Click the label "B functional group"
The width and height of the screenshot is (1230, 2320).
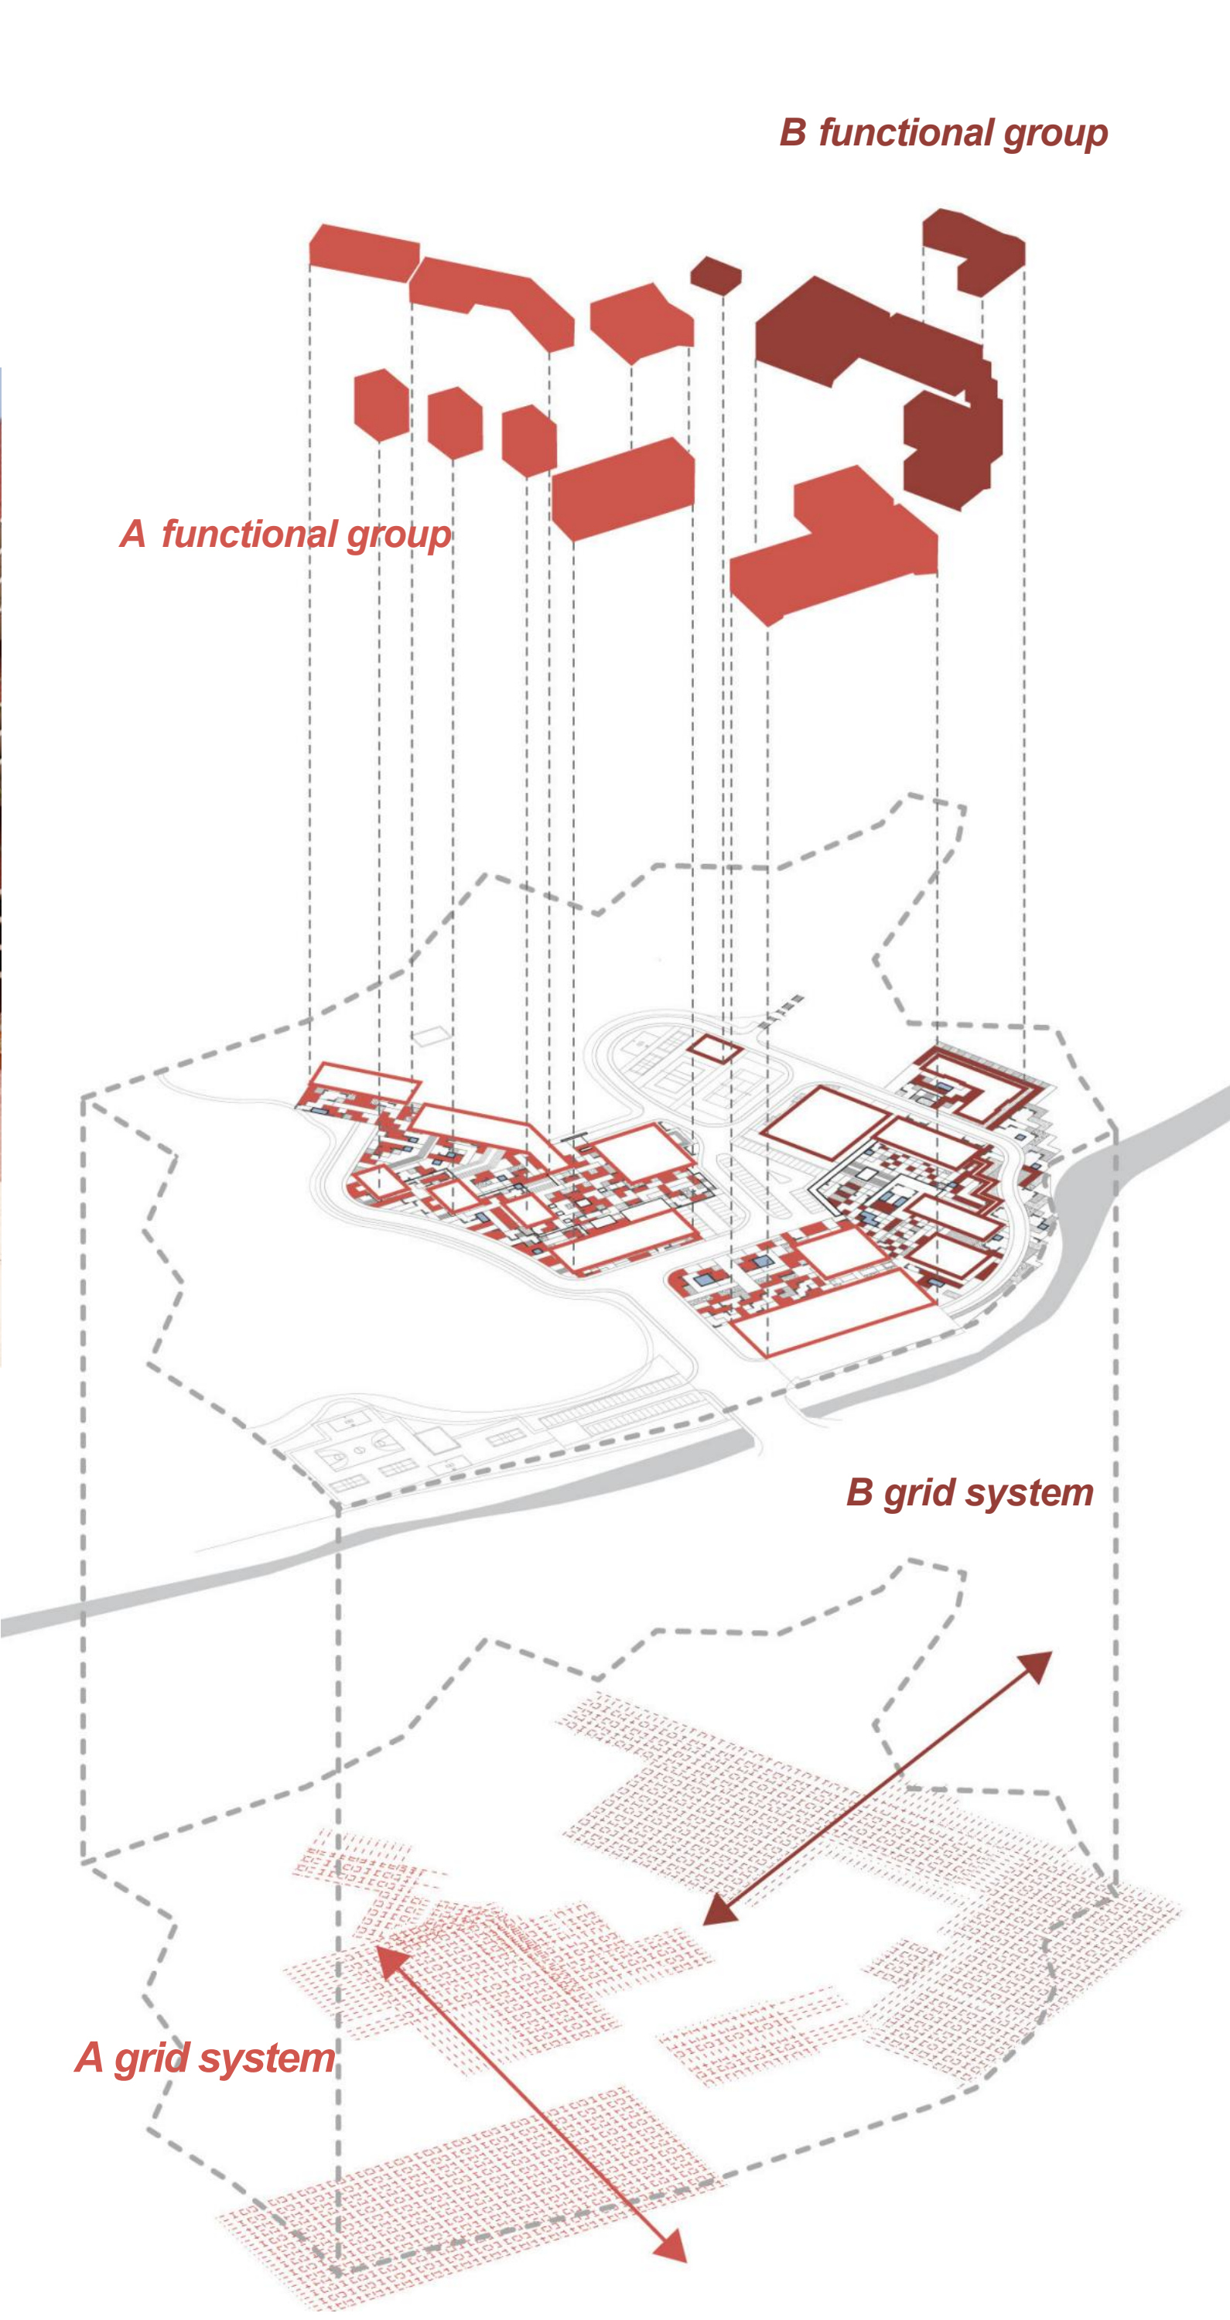943,133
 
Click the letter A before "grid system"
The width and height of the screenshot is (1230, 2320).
88,2057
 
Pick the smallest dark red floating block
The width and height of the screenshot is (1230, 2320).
716,274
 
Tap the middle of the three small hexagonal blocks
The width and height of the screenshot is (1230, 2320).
455,422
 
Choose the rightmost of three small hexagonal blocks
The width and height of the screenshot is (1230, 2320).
528,440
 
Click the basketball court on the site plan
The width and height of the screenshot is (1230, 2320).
358,1450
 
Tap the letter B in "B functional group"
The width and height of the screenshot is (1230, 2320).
792,132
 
